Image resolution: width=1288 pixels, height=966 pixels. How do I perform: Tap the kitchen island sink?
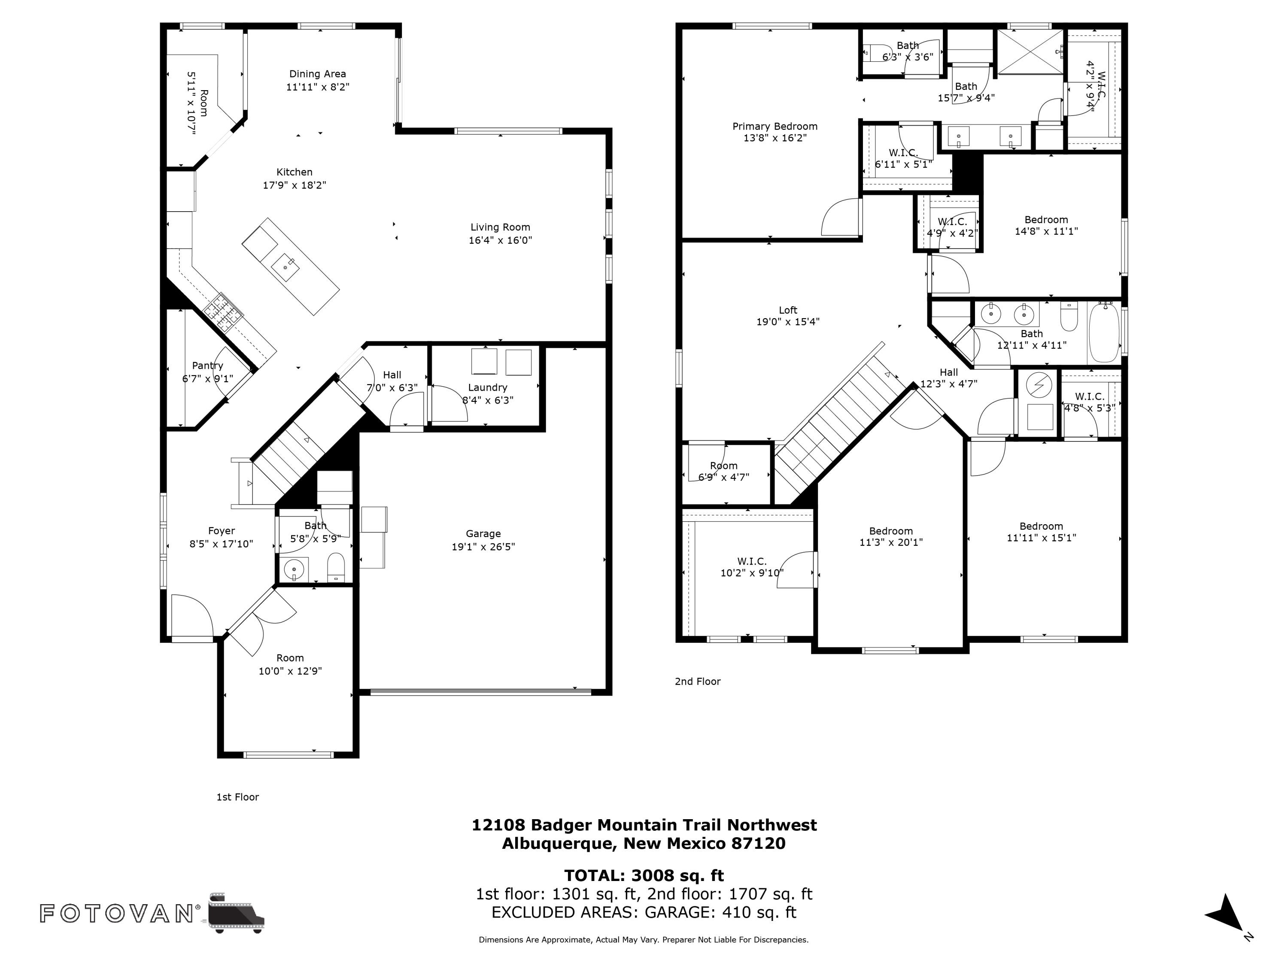[286, 267]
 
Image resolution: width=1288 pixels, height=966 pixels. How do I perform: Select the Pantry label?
[207, 366]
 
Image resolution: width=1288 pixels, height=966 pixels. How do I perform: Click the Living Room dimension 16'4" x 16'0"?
[500, 240]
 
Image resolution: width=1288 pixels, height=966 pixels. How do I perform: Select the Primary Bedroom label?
[775, 126]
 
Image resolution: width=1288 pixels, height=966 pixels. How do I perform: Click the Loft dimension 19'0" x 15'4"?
[787, 322]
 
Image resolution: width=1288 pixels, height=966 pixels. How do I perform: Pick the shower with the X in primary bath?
[1031, 52]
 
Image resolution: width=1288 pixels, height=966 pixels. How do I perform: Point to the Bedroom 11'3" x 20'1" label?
[890, 531]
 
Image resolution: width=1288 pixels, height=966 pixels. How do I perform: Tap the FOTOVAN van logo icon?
[236, 912]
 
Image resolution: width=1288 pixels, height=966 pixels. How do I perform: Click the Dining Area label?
[317, 74]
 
